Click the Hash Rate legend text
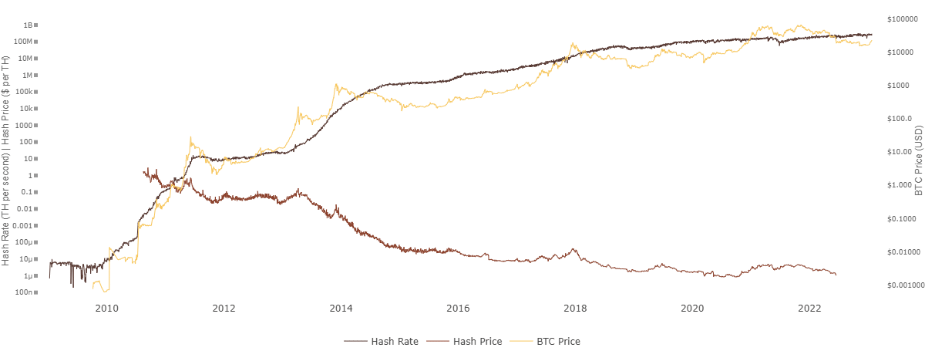click(x=395, y=340)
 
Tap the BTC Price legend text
click(x=558, y=340)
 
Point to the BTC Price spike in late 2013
click(x=336, y=85)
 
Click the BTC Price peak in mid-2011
click(x=190, y=138)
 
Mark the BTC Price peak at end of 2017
click(x=573, y=44)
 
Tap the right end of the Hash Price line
click(x=837, y=275)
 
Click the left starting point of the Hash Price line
click(x=145, y=171)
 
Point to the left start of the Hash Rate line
click(x=49, y=276)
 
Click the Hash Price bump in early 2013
click(x=299, y=191)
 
